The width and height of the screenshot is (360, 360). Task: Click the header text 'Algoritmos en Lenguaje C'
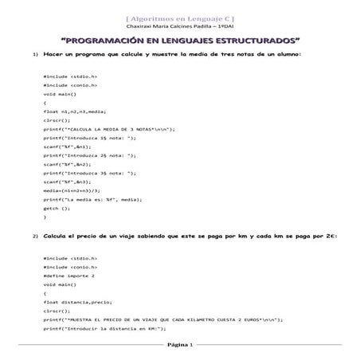(x=180, y=17)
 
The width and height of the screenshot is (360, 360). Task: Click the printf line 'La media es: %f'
(x=96, y=199)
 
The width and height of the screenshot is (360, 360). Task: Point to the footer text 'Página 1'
(x=179, y=346)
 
